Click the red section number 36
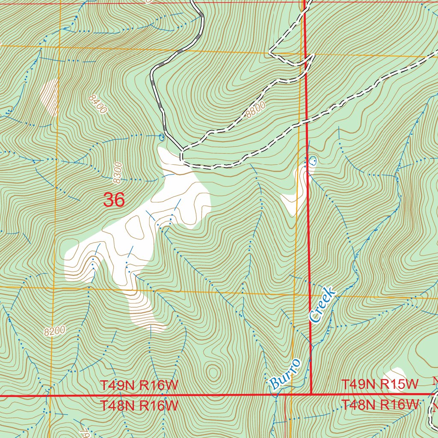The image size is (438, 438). click(114, 200)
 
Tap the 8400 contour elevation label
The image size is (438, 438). click(98, 104)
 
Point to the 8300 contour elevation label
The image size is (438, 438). click(118, 173)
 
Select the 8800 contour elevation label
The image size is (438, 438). click(256, 110)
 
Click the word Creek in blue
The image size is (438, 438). click(322, 305)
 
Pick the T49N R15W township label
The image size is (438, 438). click(379, 385)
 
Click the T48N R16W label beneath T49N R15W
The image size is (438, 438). click(379, 404)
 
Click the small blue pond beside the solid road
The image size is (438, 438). click(161, 137)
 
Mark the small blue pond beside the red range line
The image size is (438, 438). click(313, 161)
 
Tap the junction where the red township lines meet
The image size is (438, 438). click(311, 394)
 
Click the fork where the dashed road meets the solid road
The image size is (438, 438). click(181, 151)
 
